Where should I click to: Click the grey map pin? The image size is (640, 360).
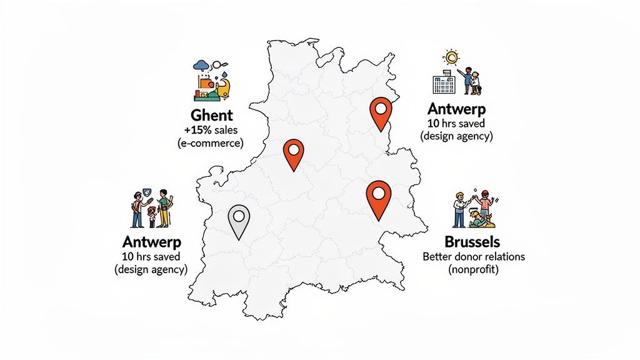click(238, 218)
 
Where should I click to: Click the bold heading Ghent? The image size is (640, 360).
click(212, 116)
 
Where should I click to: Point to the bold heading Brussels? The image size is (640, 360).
click(472, 242)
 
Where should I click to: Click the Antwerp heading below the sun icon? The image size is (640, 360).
click(457, 109)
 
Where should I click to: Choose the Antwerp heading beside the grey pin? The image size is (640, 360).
click(152, 242)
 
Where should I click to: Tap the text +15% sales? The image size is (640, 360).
click(211, 130)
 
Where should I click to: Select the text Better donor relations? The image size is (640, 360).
click(473, 257)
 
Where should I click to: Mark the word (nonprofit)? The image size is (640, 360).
click(472, 270)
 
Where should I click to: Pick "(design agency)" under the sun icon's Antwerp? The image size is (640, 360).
click(457, 136)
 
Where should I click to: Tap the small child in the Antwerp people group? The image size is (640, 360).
click(152, 216)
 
